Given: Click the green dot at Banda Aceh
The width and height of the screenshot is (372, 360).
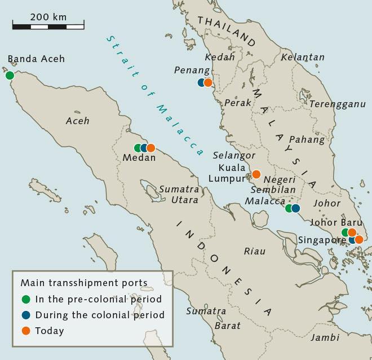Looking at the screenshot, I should click(x=9, y=75).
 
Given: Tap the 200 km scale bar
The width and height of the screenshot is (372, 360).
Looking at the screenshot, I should click(x=48, y=25).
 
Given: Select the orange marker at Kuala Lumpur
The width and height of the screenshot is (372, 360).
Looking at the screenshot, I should click(x=256, y=174).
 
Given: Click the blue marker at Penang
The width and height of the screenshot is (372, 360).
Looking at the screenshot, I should click(x=202, y=82).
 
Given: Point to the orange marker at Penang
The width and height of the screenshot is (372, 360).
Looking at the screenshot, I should click(x=208, y=82).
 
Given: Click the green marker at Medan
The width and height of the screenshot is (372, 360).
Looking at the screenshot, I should click(x=138, y=148).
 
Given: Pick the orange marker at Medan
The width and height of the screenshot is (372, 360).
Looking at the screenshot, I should click(x=150, y=148).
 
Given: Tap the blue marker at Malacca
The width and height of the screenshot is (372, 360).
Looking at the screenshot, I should click(x=295, y=208).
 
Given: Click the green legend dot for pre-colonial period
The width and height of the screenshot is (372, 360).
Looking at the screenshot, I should click(x=25, y=299).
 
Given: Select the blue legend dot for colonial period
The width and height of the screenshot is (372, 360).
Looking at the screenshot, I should click(x=25, y=315).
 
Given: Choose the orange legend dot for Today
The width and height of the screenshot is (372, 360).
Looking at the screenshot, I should click(x=25, y=331).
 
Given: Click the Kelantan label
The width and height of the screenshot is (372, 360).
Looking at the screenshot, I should click(x=303, y=57).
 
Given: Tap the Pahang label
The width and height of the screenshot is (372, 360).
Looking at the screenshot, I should click(x=307, y=139).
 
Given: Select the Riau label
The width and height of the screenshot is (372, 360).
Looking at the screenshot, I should click(x=254, y=251).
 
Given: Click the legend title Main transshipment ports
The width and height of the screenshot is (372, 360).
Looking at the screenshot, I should click(x=84, y=283).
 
